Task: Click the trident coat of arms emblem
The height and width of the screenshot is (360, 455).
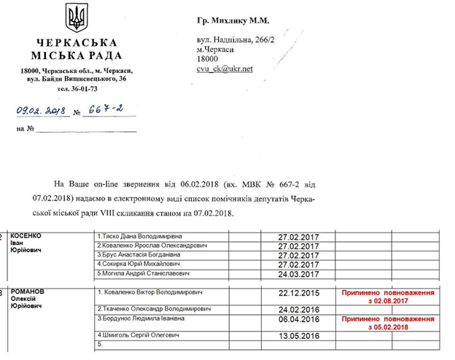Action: click(x=74, y=17)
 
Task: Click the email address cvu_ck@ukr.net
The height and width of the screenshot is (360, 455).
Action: click(x=225, y=69)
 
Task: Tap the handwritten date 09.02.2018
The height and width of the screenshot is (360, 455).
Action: click(x=42, y=111)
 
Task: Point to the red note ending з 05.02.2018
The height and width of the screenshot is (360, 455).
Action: click(x=384, y=323)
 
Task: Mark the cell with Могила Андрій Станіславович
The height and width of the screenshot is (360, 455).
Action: click(x=146, y=273)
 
